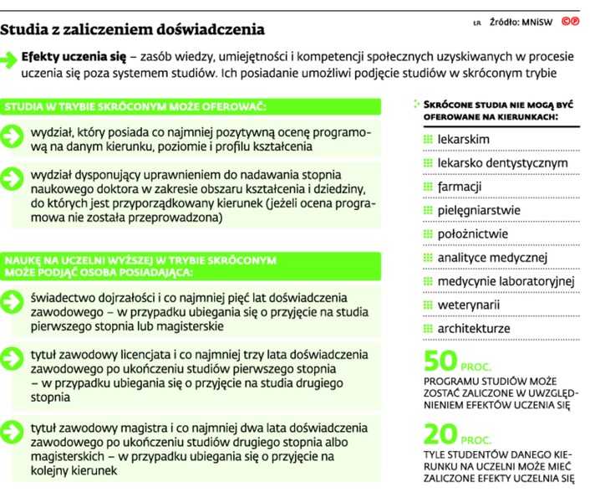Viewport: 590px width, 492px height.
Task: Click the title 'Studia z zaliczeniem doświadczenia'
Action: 133,30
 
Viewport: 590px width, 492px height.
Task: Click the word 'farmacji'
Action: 460,186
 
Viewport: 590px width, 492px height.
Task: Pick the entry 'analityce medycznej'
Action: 491,257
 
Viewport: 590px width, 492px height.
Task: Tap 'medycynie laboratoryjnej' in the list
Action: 506,280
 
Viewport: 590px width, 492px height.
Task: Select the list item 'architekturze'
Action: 474,328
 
